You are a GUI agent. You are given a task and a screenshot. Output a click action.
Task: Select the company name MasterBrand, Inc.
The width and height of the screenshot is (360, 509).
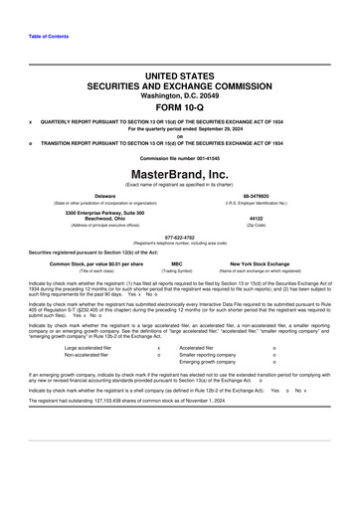180,173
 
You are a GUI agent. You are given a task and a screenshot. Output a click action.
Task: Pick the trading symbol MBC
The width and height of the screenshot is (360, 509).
177,263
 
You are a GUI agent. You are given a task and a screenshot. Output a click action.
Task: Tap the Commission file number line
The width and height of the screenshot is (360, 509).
180,158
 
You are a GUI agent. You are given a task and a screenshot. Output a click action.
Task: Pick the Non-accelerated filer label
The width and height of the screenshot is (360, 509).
86,355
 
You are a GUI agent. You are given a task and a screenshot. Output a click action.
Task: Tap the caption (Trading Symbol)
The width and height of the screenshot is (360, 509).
177,271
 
